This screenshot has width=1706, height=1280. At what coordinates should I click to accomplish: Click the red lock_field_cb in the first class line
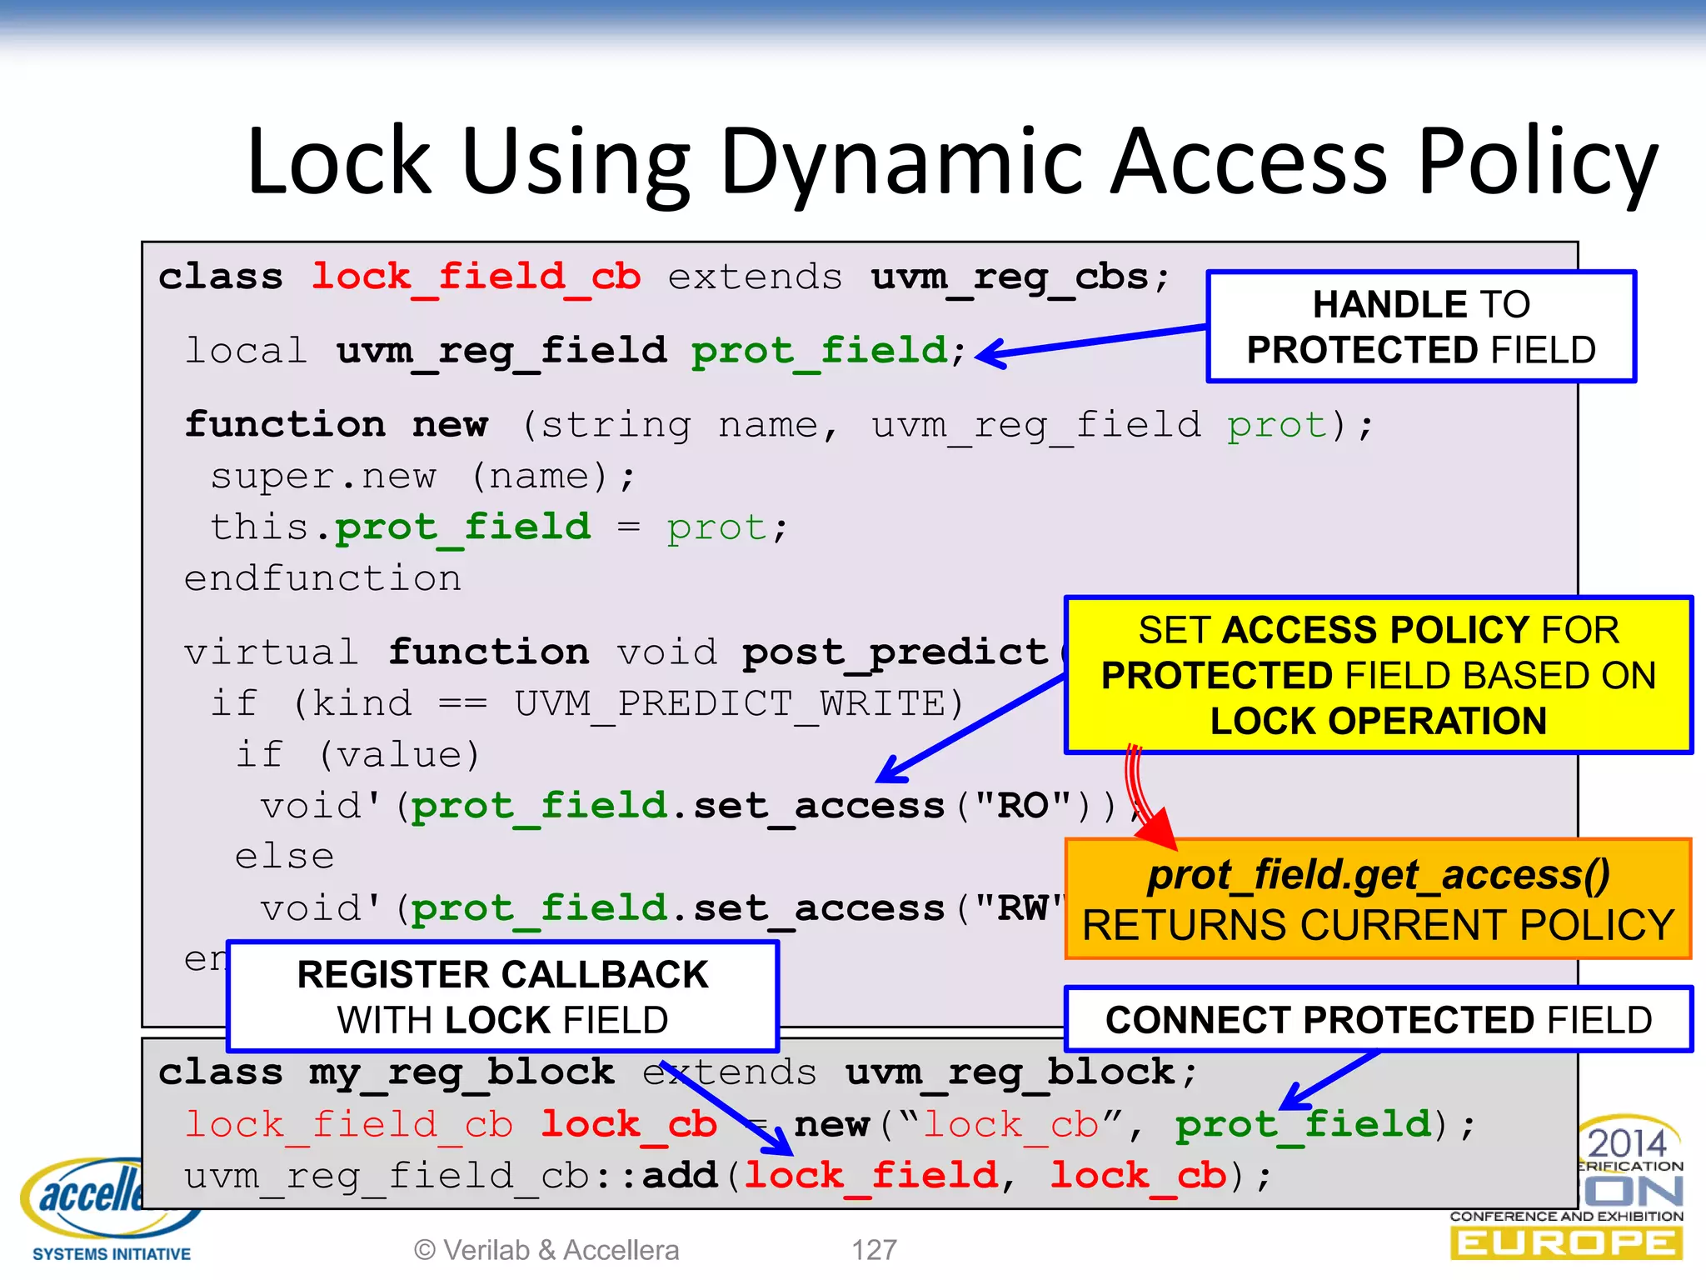tap(476, 277)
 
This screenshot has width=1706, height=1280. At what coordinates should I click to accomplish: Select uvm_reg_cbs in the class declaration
tap(1009, 277)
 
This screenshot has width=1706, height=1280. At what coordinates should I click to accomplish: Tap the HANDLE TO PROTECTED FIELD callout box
tap(1420, 327)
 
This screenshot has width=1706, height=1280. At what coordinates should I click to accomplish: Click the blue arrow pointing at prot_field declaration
tap(1091, 341)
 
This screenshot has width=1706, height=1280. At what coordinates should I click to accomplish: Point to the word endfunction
tap(322, 578)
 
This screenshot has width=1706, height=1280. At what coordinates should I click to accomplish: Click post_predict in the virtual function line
tap(894, 652)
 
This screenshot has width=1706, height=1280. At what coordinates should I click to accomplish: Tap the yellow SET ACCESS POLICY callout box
tap(1378, 675)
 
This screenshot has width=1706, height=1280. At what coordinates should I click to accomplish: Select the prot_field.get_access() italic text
tap(1378, 875)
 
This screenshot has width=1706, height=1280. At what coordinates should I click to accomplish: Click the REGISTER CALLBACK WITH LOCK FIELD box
tap(502, 997)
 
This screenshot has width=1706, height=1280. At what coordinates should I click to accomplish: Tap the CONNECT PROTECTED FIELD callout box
tap(1378, 1020)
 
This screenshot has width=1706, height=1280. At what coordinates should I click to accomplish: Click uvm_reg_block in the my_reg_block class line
tap(1009, 1072)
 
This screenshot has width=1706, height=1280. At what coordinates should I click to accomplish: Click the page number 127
tap(874, 1250)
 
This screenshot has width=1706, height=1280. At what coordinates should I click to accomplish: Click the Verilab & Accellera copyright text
tap(546, 1250)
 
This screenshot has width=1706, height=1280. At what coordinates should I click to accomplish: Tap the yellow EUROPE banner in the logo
tap(1565, 1243)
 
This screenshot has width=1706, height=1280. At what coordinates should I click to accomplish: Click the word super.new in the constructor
tap(322, 477)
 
